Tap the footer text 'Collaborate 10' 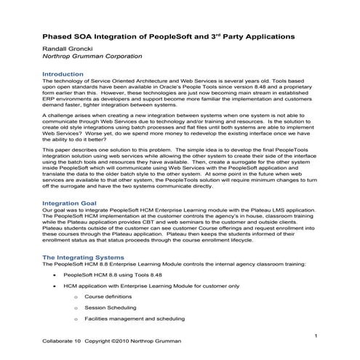pos(61,340)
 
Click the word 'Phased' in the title pos(60,34)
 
